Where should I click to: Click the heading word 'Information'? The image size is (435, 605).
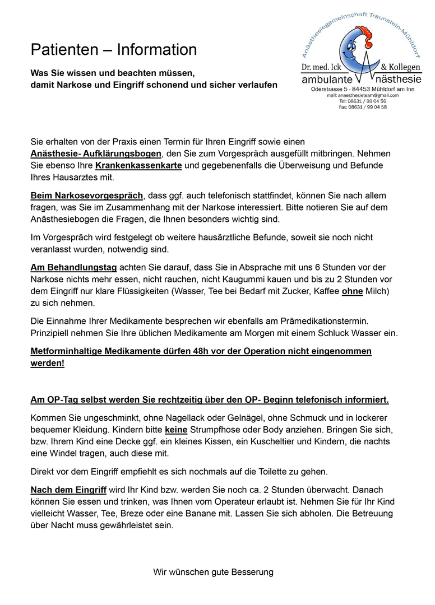point(157,50)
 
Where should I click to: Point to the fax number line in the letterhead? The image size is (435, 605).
point(363,107)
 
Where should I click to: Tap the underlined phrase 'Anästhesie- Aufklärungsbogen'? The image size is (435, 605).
point(96,153)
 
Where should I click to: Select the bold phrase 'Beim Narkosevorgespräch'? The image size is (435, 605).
point(87,196)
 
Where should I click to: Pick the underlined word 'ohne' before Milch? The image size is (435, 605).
point(352,291)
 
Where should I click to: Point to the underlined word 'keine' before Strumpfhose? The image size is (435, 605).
point(174,430)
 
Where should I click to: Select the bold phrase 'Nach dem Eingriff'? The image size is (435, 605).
point(68,490)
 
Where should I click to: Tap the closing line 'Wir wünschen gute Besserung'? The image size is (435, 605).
point(214,572)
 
